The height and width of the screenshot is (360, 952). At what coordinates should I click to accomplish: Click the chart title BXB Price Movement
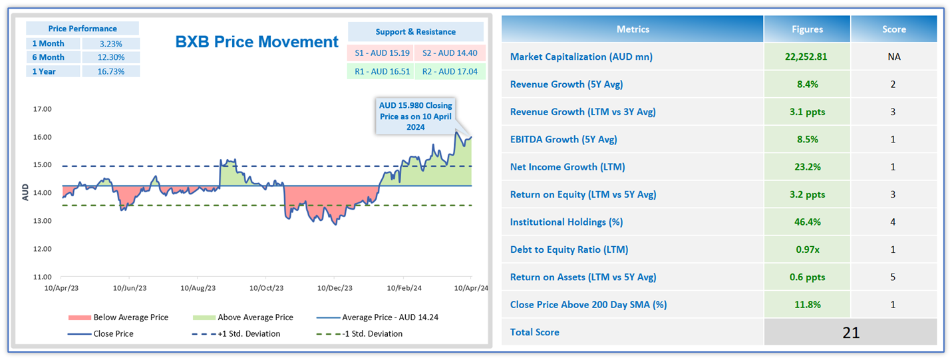(x=257, y=42)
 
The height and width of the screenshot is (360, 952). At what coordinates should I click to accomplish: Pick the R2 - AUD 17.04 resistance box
(x=450, y=71)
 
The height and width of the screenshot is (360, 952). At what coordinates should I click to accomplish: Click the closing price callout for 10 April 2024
(x=415, y=116)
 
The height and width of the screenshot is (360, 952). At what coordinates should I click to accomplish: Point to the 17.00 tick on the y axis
(x=42, y=109)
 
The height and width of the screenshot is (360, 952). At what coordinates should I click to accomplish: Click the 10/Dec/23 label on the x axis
(x=335, y=288)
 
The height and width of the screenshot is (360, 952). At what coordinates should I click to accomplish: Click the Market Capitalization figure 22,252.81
(x=806, y=57)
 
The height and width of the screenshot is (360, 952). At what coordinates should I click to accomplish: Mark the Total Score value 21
(x=851, y=333)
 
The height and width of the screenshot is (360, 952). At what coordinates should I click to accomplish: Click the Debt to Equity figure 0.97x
(x=806, y=250)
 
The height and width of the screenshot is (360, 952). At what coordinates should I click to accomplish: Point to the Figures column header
(x=806, y=29)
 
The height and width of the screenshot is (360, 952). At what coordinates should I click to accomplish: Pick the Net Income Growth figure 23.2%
(x=806, y=167)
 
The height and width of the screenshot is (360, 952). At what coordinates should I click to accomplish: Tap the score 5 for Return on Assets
(x=893, y=277)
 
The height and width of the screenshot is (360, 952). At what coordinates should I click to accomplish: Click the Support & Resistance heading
(x=415, y=32)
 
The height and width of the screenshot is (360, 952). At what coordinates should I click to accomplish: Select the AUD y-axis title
(x=25, y=193)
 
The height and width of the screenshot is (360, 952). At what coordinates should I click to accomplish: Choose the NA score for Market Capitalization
(x=893, y=57)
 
